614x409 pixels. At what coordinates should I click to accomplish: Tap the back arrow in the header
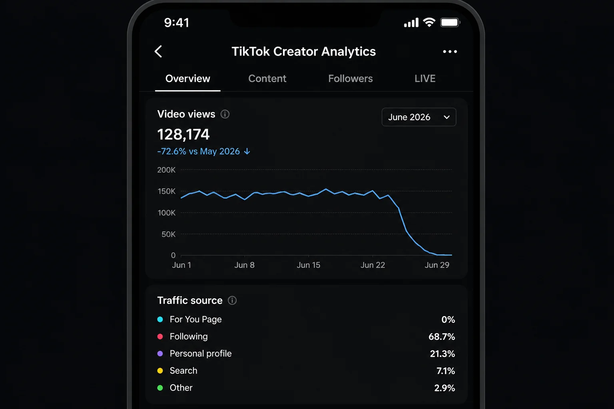pos(158,52)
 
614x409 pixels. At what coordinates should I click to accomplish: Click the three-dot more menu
pos(450,52)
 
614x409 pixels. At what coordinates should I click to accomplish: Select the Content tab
pos(267,79)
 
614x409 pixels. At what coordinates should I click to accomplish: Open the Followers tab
pos(350,79)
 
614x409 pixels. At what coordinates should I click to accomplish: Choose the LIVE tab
pos(425,79)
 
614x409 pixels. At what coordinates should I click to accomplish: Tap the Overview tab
pos(188,79)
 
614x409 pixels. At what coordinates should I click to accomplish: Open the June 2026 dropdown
pos(419,117)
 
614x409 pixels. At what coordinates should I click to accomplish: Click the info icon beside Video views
pos(225,114)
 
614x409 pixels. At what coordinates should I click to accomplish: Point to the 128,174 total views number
pos(183,135)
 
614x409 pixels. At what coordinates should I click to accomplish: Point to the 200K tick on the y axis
pos(166,170)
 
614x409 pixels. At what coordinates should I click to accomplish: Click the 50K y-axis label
pos(168,234)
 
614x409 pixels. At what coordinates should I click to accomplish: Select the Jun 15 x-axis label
pos(308,265)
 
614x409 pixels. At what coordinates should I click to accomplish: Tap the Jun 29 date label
pos(437,265)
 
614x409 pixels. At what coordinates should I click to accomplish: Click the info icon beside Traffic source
pos(232,300)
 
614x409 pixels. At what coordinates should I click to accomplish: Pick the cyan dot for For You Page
pos(160,320)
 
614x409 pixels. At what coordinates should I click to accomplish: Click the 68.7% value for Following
pos(442,337)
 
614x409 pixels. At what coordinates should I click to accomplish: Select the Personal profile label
pos(201,353)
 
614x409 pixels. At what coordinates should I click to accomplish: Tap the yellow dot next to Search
pos(160,371)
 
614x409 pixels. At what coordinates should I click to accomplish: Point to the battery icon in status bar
pos(450,22)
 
